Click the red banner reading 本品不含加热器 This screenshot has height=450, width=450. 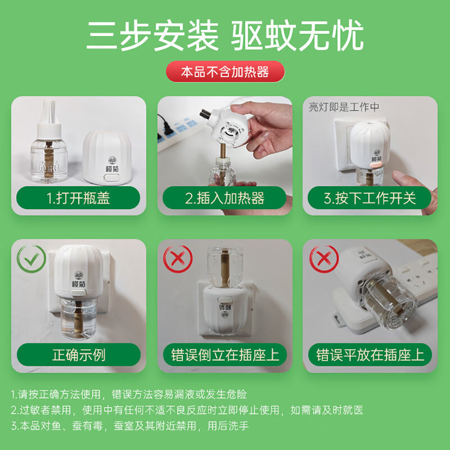(x=225, y=72)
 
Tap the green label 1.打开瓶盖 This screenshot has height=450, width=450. (x=78, y=198)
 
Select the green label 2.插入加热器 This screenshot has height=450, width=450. (x=225, y=198)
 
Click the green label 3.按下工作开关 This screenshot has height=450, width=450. (x=370, y=198)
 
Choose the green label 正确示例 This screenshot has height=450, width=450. (x=78, y=355)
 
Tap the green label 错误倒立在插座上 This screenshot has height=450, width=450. (x=225, y=355)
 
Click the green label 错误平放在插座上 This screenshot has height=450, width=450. (x=370, y=355)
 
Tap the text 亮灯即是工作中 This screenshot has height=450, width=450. (x=344, y=107)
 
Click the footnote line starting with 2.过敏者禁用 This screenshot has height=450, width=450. (x=187, y=410)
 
